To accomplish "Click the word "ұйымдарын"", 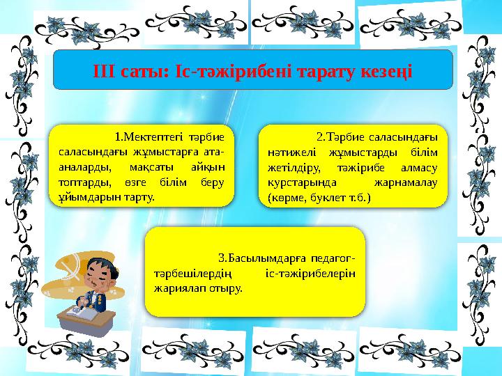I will click(x=88, y=198).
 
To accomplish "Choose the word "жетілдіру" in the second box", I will click(x=294, y=167).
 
